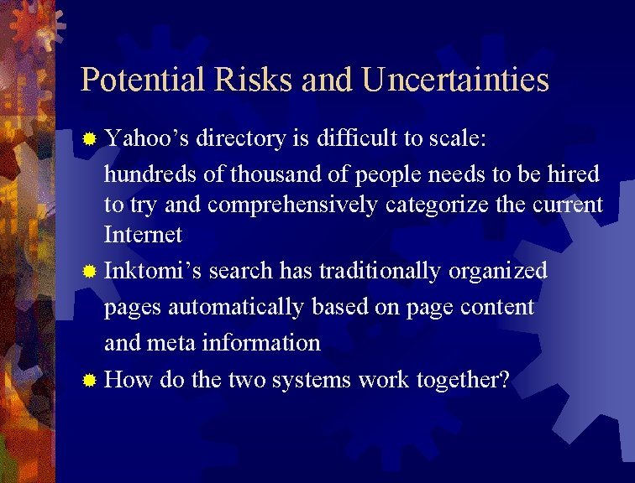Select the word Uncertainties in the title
pyautogui.click(x=456, y=80)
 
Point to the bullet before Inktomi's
pyautogui.click(x=91, y=272)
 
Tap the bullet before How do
pyautogui.click(x=91, y=381)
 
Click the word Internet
pyautogui.click(x=143, y=235)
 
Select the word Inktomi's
pyautogui.click(x=153, y=271)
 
